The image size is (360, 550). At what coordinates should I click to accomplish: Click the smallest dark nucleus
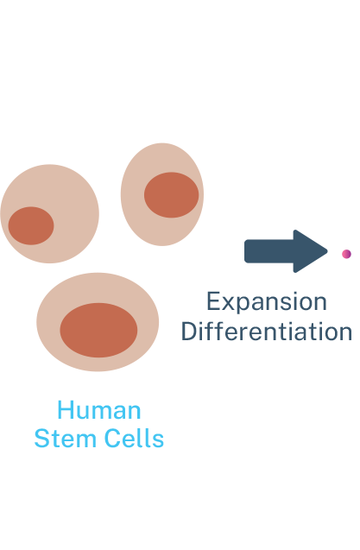pos(31,225)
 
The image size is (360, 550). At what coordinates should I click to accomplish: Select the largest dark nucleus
pos(98,330)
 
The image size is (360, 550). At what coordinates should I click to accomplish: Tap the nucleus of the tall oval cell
pos(171,195)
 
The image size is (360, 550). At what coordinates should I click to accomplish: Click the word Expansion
pos(267,302)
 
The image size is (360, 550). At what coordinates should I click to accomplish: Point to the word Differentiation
pos(267,332)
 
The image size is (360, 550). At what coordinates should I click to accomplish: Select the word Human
pos(99,409)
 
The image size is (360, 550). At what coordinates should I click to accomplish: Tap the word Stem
pos(66,438)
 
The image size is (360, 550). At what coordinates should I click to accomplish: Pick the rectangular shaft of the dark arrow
pos(269,251)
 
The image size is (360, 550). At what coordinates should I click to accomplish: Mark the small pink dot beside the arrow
pos(347,254)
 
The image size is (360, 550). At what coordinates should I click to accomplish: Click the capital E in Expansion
pos(213,301)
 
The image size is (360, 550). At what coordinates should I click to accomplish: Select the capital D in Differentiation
pos(189,332)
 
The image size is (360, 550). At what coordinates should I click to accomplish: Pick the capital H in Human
pos(66,409)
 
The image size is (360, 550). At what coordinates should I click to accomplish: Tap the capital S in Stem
pos(42,438)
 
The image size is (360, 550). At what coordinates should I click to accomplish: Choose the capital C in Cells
pos(113,438)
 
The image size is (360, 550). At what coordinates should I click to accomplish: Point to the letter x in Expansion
pos(228,304)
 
